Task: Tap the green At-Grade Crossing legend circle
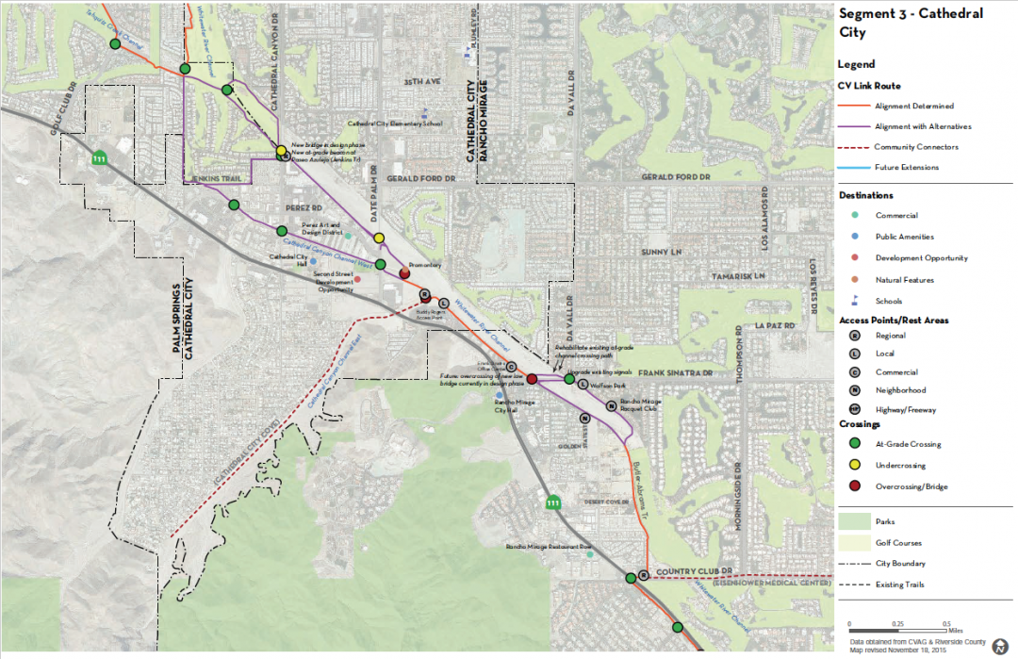click(854, 444)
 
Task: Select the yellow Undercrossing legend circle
click(854, 466)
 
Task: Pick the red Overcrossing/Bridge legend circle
click(854, 486)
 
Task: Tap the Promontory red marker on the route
click(404, 272)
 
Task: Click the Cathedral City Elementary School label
click(395, 124)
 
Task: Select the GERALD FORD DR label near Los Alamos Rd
click(674, 177)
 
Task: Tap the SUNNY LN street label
click(660, 253)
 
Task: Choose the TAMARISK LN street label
click(741, 276)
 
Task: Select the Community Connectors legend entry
click(915, 147)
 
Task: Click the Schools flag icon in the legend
click(854, 301)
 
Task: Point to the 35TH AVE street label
click(421, 82)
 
